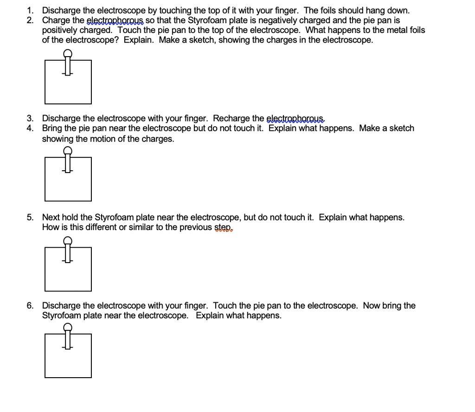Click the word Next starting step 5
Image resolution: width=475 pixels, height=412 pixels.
50,217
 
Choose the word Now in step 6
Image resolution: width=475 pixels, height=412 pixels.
372,306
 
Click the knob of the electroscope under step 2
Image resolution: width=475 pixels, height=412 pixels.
68,54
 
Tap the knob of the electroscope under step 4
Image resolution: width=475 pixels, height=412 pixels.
68,150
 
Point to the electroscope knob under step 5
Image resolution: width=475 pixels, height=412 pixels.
68,240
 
